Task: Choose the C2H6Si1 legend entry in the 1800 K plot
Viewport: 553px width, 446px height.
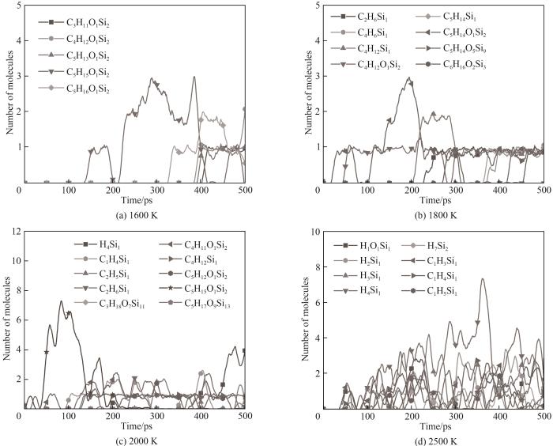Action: click(368, 17)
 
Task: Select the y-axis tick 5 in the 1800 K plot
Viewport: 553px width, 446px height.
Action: click(316, 6)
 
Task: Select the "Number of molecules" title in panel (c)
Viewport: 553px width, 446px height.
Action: click(6, 320)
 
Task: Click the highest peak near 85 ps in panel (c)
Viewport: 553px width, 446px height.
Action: click(61, 301)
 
